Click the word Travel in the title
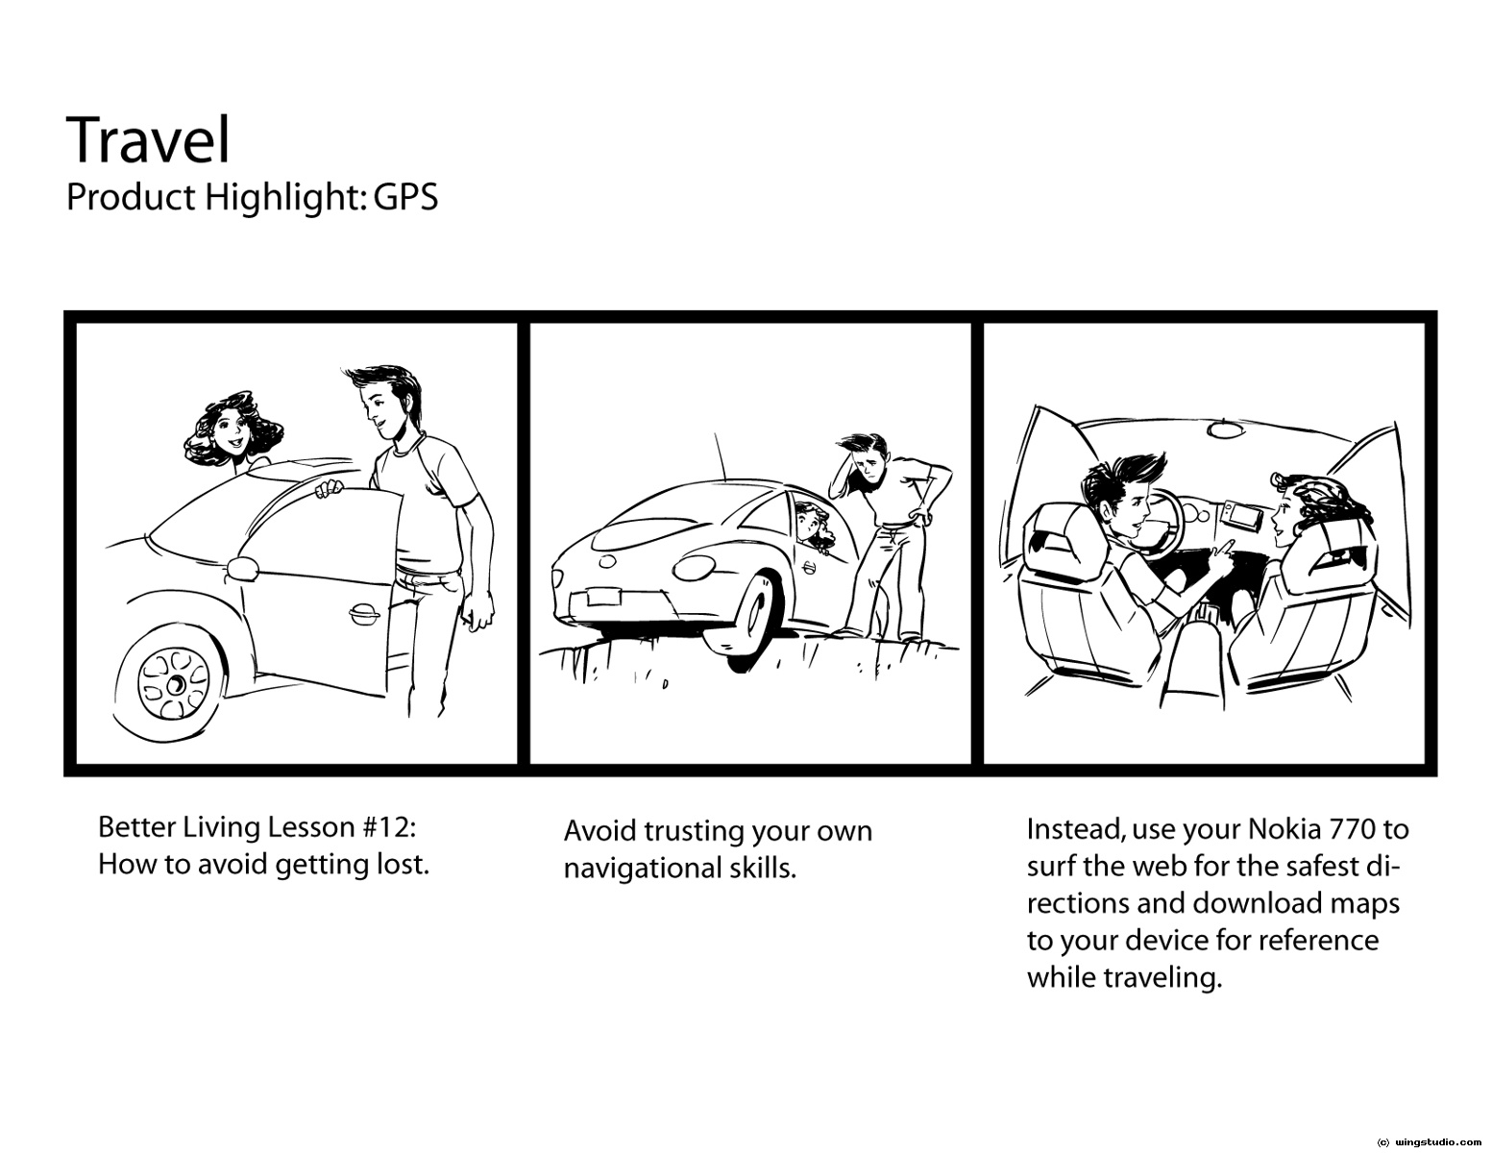point(148,141)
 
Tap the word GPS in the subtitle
point(405,198)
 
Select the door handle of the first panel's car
point(362,613)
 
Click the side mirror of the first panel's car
point(242,567)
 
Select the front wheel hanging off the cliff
point(745,616)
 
